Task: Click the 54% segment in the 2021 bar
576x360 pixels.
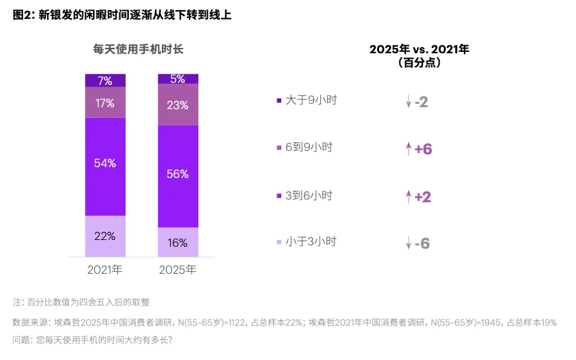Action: pos(105,164)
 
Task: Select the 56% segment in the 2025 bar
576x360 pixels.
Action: pos(178,174)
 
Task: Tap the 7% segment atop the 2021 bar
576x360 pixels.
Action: pos(105,81)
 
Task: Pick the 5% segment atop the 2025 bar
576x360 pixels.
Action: pos(178,79)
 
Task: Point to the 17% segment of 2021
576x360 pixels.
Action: pos(105,103)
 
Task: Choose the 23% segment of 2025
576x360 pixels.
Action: pos(178,105)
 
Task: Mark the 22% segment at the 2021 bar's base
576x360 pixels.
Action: pos(105,236)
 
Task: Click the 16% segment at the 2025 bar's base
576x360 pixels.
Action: pos(178,243)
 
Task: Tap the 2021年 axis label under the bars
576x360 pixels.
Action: pos(105,270)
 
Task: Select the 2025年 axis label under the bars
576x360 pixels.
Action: pos(178,270)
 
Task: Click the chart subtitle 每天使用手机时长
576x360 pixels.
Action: pos(138,49)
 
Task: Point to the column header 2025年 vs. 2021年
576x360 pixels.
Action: pos(420,49)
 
